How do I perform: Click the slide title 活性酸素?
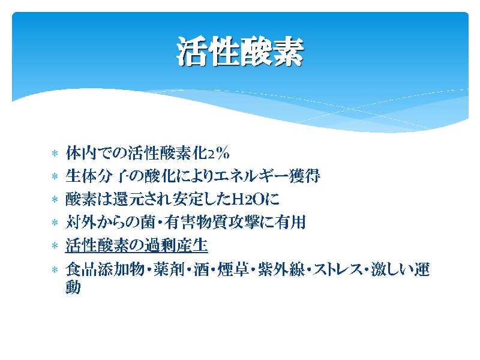(240, 52)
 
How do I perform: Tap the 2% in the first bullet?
(218, 153)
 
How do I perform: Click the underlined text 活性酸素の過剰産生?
(137, 245)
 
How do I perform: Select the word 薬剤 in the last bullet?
(169, 269)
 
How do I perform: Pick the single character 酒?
(201, 269)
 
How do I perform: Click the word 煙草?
(233, 269)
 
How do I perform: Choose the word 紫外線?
(281, 269)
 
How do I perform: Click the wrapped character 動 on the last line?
(73, 287)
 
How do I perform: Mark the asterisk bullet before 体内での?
(55, 154)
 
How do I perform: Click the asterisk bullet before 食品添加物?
(55, 269)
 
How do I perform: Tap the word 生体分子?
(96, 176)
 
